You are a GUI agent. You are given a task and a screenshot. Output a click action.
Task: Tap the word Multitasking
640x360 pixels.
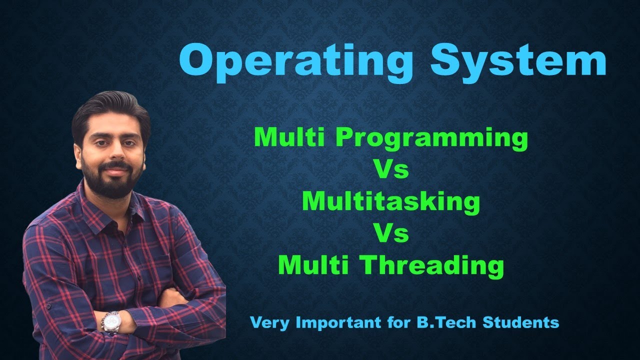coord(391,201)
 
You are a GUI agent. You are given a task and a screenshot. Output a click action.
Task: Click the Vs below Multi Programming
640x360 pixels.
coord(391,170)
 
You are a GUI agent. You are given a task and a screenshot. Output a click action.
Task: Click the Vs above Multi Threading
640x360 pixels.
coord(391,233)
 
